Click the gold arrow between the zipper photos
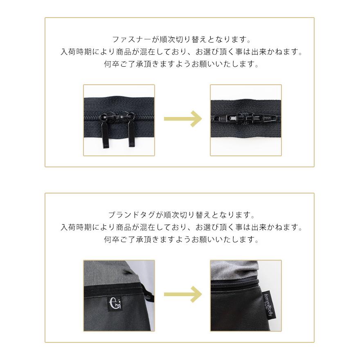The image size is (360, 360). [182, 119]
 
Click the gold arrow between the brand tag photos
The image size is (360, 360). [182, 294]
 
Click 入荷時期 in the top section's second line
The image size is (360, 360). [75, 52]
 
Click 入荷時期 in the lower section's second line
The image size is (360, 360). [75, 227]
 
